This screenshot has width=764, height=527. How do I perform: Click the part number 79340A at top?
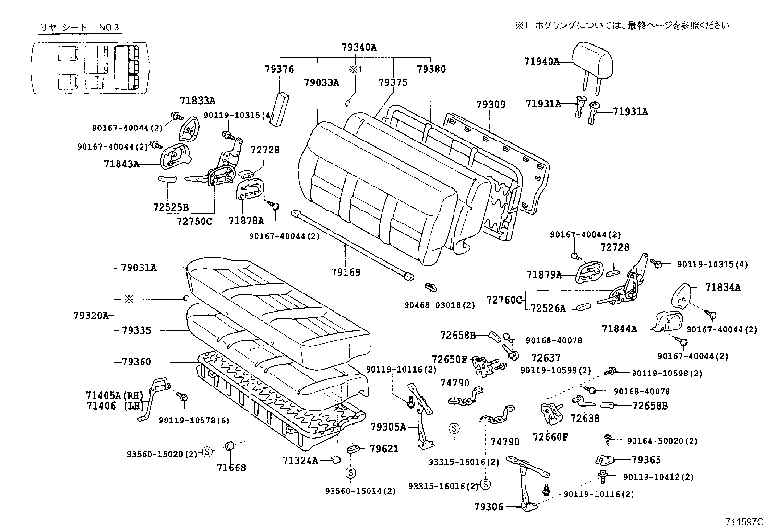(x=359, y=47)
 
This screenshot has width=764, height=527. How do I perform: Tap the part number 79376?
(x=279, y=69)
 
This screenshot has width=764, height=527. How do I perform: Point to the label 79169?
(x=346, y=272)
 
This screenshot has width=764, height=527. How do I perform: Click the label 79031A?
(x=139, y=268)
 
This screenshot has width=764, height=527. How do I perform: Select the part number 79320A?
(x=91, y=316)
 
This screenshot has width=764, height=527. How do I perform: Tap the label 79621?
(x=384, y=449)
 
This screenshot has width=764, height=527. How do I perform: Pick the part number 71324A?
(x=300, y=461)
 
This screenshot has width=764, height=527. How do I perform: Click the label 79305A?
(x=388, y=426)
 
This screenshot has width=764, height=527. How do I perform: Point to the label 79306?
(x=489, y=507)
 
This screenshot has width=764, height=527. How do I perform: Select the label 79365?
(x=646, y=459)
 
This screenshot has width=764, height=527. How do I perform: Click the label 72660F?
(x=550, y=437)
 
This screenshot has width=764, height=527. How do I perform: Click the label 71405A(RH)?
(x=115, y=396)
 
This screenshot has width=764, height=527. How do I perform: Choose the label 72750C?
(x=194, y=221)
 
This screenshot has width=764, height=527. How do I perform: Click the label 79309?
(x=491, y=104)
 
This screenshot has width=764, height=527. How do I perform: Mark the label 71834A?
(x=723, y=287)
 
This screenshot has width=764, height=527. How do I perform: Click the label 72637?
(x=545, y=358)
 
